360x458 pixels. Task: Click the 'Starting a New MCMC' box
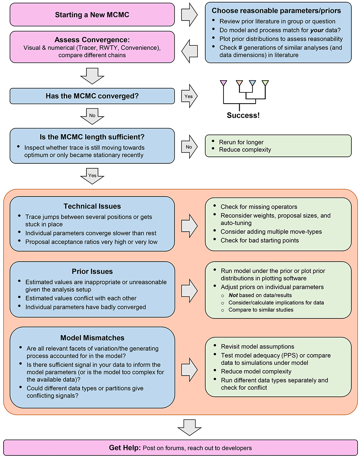92,14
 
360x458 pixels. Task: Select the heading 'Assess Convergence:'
92,40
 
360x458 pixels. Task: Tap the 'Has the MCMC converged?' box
92,96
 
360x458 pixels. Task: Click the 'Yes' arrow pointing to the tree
189,96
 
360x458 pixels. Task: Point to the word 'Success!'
243,115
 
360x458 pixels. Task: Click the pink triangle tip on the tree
224,83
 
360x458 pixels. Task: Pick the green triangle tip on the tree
265,83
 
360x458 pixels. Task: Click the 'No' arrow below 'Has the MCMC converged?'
92,116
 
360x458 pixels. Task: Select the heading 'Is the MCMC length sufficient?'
92,137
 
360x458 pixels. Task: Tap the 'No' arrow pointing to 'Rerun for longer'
189,147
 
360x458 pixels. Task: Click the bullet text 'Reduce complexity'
245,150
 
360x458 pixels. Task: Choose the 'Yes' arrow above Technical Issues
92,176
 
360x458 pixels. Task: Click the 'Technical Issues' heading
92,206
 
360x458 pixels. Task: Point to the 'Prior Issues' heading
92,271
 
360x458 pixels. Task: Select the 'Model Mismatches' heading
92,337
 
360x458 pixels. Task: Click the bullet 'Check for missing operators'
259,207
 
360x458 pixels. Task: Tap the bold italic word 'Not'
233,295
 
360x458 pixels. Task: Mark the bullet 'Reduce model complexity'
256,371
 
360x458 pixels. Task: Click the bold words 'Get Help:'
125,448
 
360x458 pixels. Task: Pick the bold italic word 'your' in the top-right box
317,30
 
